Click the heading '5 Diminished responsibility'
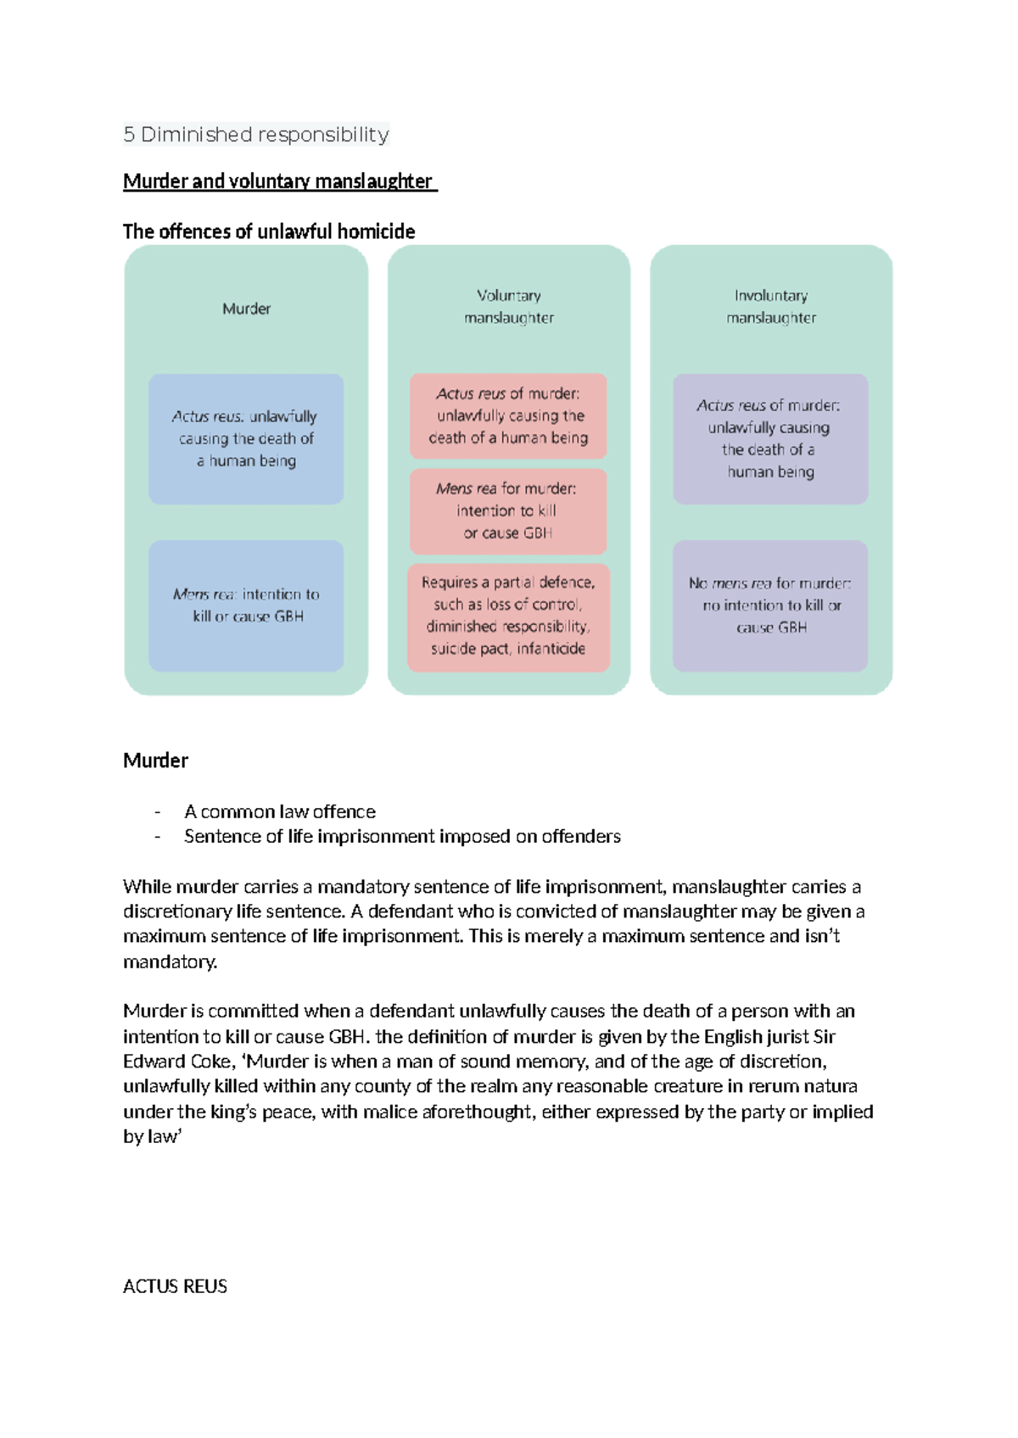coord(255,135)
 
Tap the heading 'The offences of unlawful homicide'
coord(269,231)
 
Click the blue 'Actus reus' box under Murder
coord(246,439)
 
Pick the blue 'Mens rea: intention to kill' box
coord(246,605)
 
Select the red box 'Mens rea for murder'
coord(507,511)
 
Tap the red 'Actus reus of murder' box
coord(507,416)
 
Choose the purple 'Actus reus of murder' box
coord(770,439)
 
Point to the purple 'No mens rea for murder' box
coord(770,605)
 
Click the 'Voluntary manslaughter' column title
coord(508,306)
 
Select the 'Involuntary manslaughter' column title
coord(770,306)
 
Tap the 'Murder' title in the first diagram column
coord(246,309)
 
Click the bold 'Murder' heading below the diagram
coord(156,761)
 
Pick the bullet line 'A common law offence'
coord(279,811)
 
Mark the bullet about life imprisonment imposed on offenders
coord(402,837)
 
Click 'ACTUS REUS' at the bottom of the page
coord(175,1286)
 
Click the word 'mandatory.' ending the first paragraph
coord(171,961)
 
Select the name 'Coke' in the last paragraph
coord(211,1062)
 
